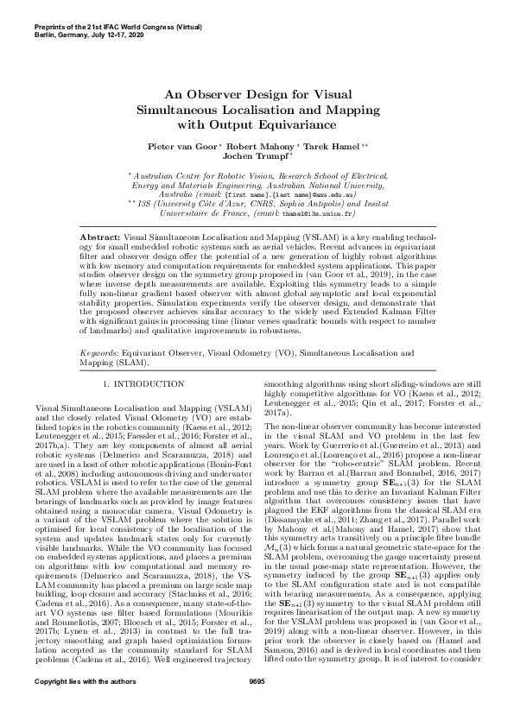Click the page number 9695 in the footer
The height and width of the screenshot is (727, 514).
point(257,706)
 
